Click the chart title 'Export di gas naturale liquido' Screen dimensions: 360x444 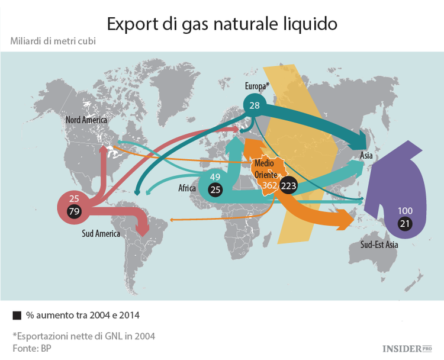pyautogui.click(x=222, y=24)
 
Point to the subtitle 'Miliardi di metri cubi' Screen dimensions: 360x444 pyautogui.click(x=53, y=41)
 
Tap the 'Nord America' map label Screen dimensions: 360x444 pyautogui.click(x=86, y=120)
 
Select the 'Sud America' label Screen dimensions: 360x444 pyautogui.click(x=101, y=233)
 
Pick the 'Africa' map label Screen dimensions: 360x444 pyautogui.click(x=187, y=189)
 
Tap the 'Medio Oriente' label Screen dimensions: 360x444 pyautogui.click(x=265, y=169)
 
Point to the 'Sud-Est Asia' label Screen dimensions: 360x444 pyautogui.click(x=379, y=245)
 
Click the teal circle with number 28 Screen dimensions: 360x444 pyautogui.click(x=255, y=105)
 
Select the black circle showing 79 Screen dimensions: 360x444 pyautogui.click(x=75, y=211)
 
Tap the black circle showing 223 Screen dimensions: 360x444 pyautogui.click(x=288, y=185)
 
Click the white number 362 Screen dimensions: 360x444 pyautogui.click(x=270, y=185)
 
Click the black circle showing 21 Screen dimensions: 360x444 pyautogui.click(x=405, y=224)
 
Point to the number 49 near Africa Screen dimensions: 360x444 pyautogui.click(x=215, y=177)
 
